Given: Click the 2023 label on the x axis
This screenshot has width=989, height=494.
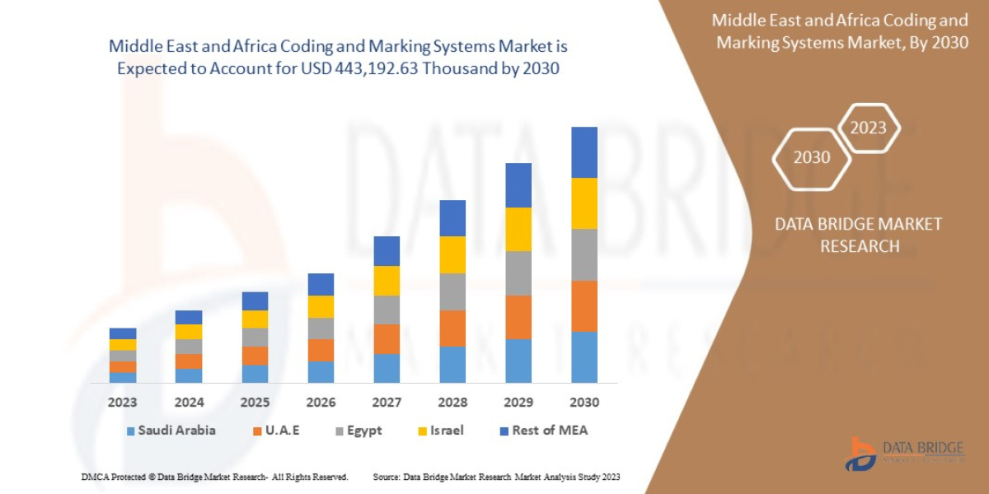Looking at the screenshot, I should coord(123,403).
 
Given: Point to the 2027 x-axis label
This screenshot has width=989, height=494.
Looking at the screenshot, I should coord(387,403).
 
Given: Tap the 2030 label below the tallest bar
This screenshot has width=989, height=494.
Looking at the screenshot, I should coord(584,403).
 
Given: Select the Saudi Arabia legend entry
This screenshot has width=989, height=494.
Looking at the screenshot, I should coord(171,431).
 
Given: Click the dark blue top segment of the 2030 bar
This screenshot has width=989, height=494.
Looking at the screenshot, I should coord(584,152).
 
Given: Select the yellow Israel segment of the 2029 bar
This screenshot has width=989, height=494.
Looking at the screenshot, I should coord(518,229).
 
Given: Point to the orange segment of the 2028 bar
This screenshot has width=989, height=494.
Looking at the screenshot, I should coord(452,328).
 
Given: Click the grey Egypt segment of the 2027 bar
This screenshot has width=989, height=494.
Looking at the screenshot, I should coord(387,310).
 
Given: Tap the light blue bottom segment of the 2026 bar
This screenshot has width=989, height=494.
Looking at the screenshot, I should coord(321,372).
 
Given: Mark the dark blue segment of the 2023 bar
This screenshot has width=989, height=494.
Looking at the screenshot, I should coord(123,333).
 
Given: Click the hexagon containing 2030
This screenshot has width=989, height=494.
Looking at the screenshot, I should coord(812,156).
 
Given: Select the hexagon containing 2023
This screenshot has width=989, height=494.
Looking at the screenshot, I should coord(868,128).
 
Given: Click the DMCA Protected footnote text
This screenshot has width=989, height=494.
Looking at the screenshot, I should coord(214,477).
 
